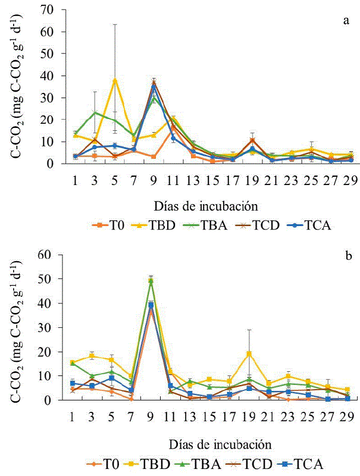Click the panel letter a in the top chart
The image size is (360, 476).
[x=345, y=21]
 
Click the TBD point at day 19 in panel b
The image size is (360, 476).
[x=249, y=353]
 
